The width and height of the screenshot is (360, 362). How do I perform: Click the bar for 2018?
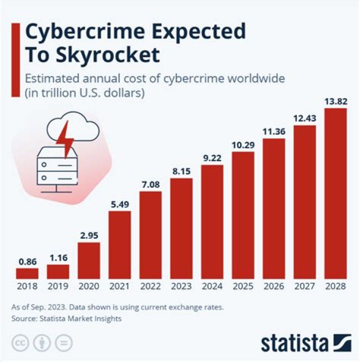tap(27, 273)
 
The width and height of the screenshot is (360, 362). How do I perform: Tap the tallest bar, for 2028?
tap(335, 193)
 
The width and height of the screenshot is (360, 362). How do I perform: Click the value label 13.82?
tap(335, 101)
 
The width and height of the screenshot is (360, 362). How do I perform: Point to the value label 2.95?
tap(88, 235)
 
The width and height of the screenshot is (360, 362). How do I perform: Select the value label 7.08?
tap(150, 184)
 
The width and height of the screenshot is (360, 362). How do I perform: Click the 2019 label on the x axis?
tap(58, 287)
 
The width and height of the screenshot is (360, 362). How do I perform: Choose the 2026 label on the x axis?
tap(273, 287)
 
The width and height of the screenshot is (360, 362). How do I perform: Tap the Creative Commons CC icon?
tap(20, 343)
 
